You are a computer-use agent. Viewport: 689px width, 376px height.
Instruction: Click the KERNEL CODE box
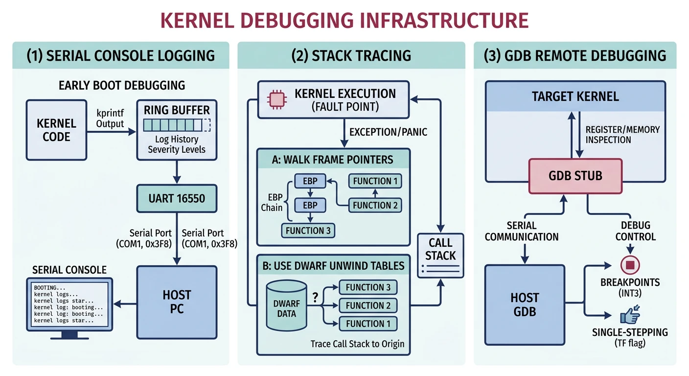(56, 130)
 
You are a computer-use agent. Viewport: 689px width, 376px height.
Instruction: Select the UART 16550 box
(177, 199)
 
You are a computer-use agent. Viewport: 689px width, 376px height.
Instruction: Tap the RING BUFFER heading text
(177, 110)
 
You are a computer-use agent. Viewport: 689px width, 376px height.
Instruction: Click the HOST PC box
(177, 302)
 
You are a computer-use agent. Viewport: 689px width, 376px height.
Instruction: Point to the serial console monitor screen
(69, 304)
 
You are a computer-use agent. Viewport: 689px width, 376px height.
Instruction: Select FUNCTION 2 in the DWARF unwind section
(368, 305)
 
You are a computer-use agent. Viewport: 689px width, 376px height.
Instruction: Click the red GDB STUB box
(575, 176)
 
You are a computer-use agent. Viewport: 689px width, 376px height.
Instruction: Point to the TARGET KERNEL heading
(575, 96)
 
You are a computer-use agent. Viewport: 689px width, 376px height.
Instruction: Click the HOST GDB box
(525, 304)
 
